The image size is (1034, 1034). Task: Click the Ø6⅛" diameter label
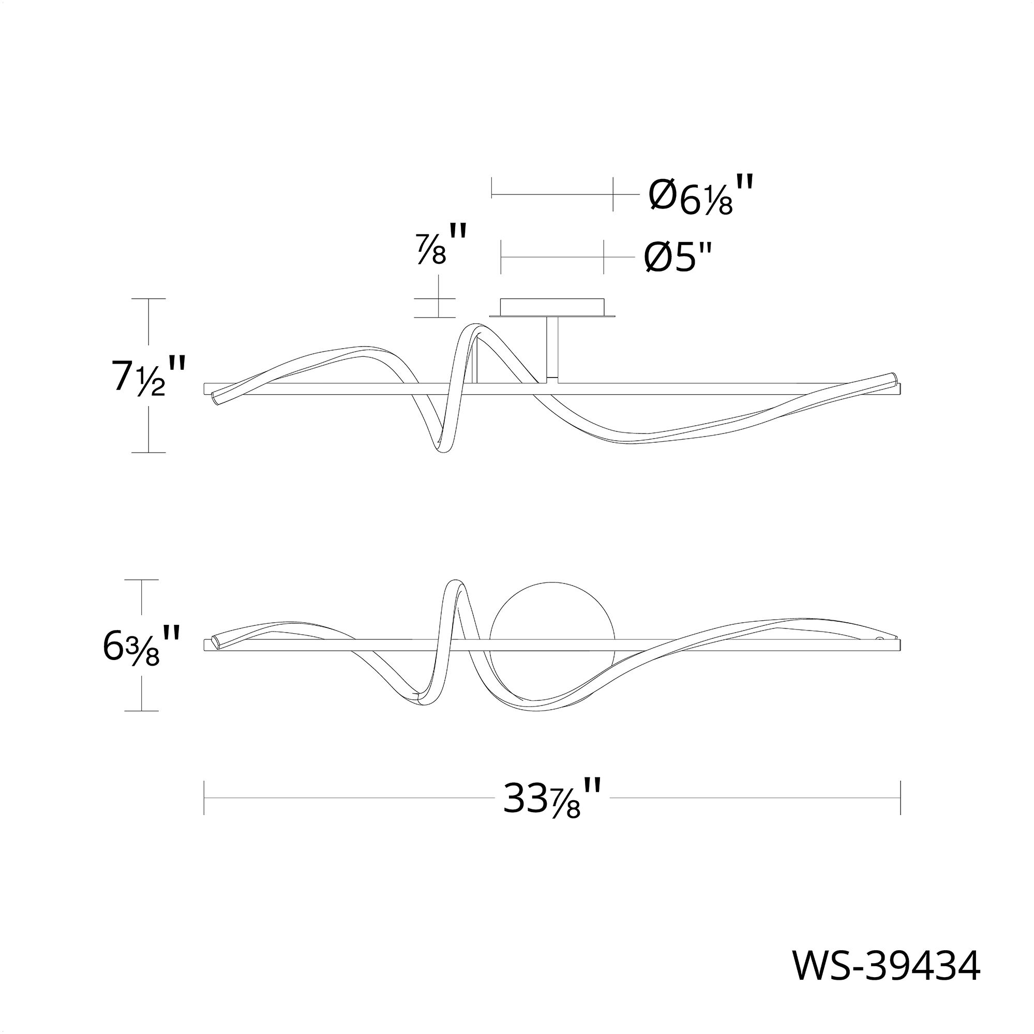click(x=701, y=195)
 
